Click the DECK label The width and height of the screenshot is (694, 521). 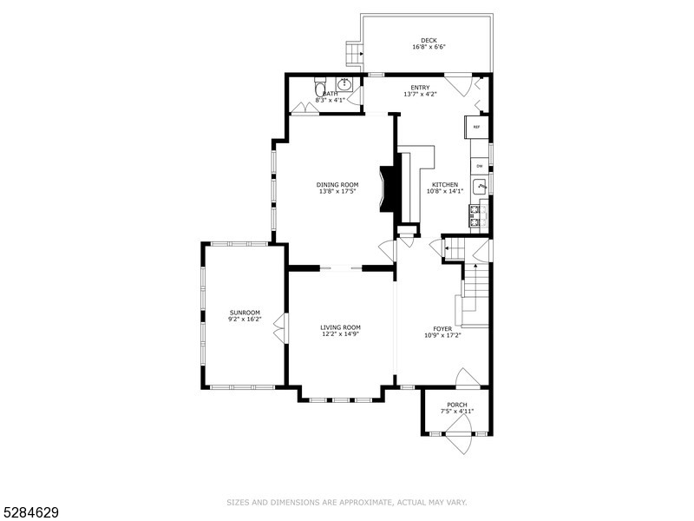coord(429,41)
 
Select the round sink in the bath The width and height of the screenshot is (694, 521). coord(344,85)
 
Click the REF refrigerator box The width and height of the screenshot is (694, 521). coord(476,128)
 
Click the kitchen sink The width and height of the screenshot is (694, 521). coord(482,185)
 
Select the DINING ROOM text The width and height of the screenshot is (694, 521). coord(337,184)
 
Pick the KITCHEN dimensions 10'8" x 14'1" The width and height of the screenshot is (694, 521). coord(445,191)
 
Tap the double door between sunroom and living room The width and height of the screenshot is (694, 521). coord(279,332)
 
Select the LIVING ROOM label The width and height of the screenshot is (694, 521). coord(340,327)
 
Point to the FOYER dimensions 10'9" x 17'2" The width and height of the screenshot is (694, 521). coord(442,335)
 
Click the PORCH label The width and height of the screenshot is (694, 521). coord(457,405)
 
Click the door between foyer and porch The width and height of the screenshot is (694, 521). coord(466,379)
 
